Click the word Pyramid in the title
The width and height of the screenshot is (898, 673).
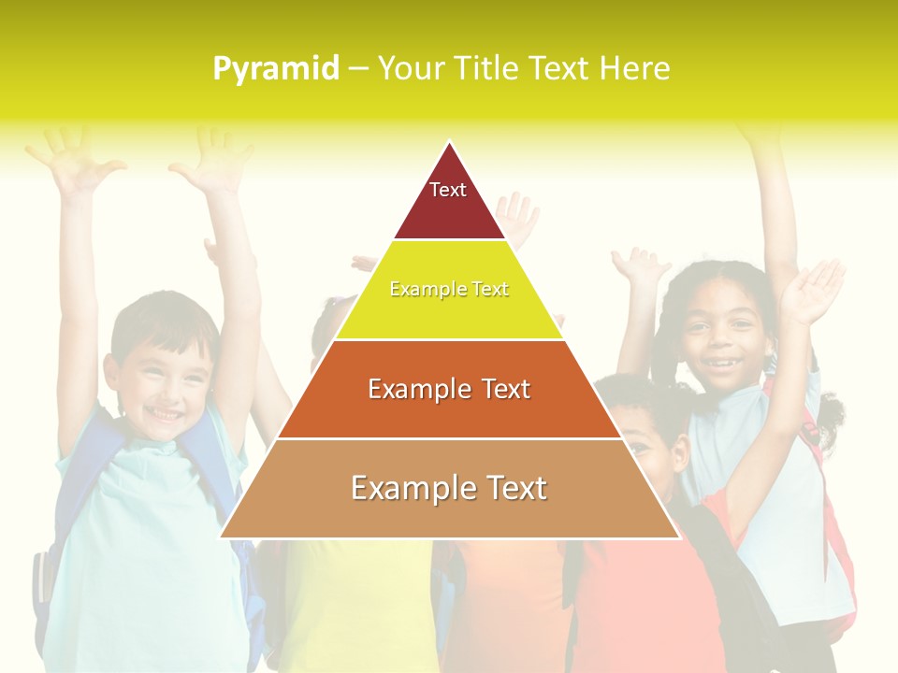click(275, 69)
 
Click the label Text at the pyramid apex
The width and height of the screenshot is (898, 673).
click(448, 190)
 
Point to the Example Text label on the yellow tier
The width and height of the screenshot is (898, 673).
click(449, 289)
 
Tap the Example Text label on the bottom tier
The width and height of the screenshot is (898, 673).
click(449, 488)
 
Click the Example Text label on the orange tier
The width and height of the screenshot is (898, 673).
click(449, 389)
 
